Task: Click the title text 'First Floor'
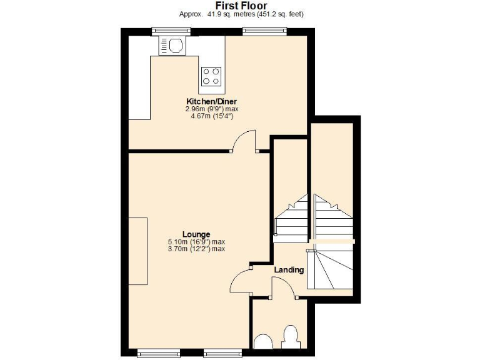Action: click(x=241, y=6)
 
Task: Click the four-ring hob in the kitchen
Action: click(x=211, y=76)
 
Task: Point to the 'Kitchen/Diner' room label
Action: click(x=211, y=101)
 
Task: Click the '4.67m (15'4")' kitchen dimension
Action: click(x=211, y=116)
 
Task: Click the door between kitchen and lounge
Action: click(x=244, y=141)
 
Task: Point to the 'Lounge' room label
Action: click(x=196, y=234)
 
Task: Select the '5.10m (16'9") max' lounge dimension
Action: click(x=196, y=242)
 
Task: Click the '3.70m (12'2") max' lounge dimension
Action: click(x=196, y=249)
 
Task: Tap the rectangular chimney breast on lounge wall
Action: click(x=137, y=250)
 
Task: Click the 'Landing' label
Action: click(x=289, y=270)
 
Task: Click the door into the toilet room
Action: click(x=282, y=287)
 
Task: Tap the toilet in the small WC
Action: click(x=290, y=337)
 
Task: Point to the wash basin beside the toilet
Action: click(x=263, y=342)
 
